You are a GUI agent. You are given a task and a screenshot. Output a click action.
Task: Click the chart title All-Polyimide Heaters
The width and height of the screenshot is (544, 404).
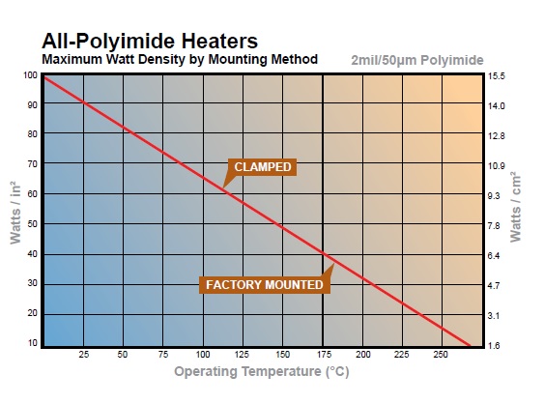point(149,42)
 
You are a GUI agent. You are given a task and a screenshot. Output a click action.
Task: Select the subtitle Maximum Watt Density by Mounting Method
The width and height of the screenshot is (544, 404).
point(180,59)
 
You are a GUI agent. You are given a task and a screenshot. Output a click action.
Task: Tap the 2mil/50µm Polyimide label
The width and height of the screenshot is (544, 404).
point(417,60)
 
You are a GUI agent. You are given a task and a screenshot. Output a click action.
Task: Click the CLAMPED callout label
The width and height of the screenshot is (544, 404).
point(263,167)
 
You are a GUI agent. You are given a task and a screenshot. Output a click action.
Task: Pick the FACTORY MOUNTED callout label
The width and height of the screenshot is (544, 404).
point(263,285)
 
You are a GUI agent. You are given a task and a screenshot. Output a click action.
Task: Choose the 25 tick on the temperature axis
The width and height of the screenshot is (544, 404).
point(83,355)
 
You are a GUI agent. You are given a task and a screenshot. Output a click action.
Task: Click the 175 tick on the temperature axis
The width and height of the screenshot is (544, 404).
point(323,355)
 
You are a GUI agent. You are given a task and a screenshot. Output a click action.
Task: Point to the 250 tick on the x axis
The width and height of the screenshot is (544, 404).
point(442,355)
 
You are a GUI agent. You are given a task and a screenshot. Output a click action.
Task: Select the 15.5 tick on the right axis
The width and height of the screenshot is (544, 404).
point(498,75)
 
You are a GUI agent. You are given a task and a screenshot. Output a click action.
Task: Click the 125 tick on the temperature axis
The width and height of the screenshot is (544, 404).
point(243,355)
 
